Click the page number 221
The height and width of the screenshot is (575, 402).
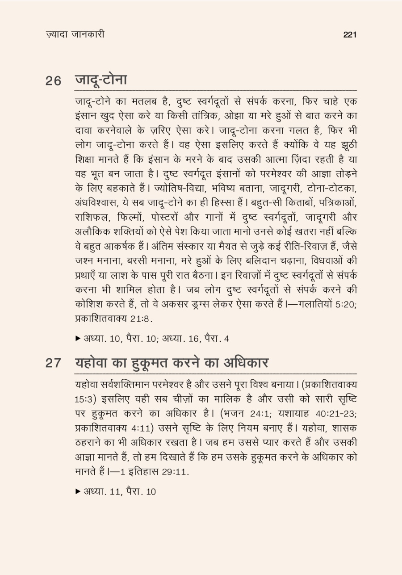coord(350,35)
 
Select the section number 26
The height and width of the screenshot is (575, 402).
coord(53,82)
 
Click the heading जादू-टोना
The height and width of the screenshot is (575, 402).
coord(101,80)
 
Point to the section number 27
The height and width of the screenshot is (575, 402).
coord(53,363)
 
